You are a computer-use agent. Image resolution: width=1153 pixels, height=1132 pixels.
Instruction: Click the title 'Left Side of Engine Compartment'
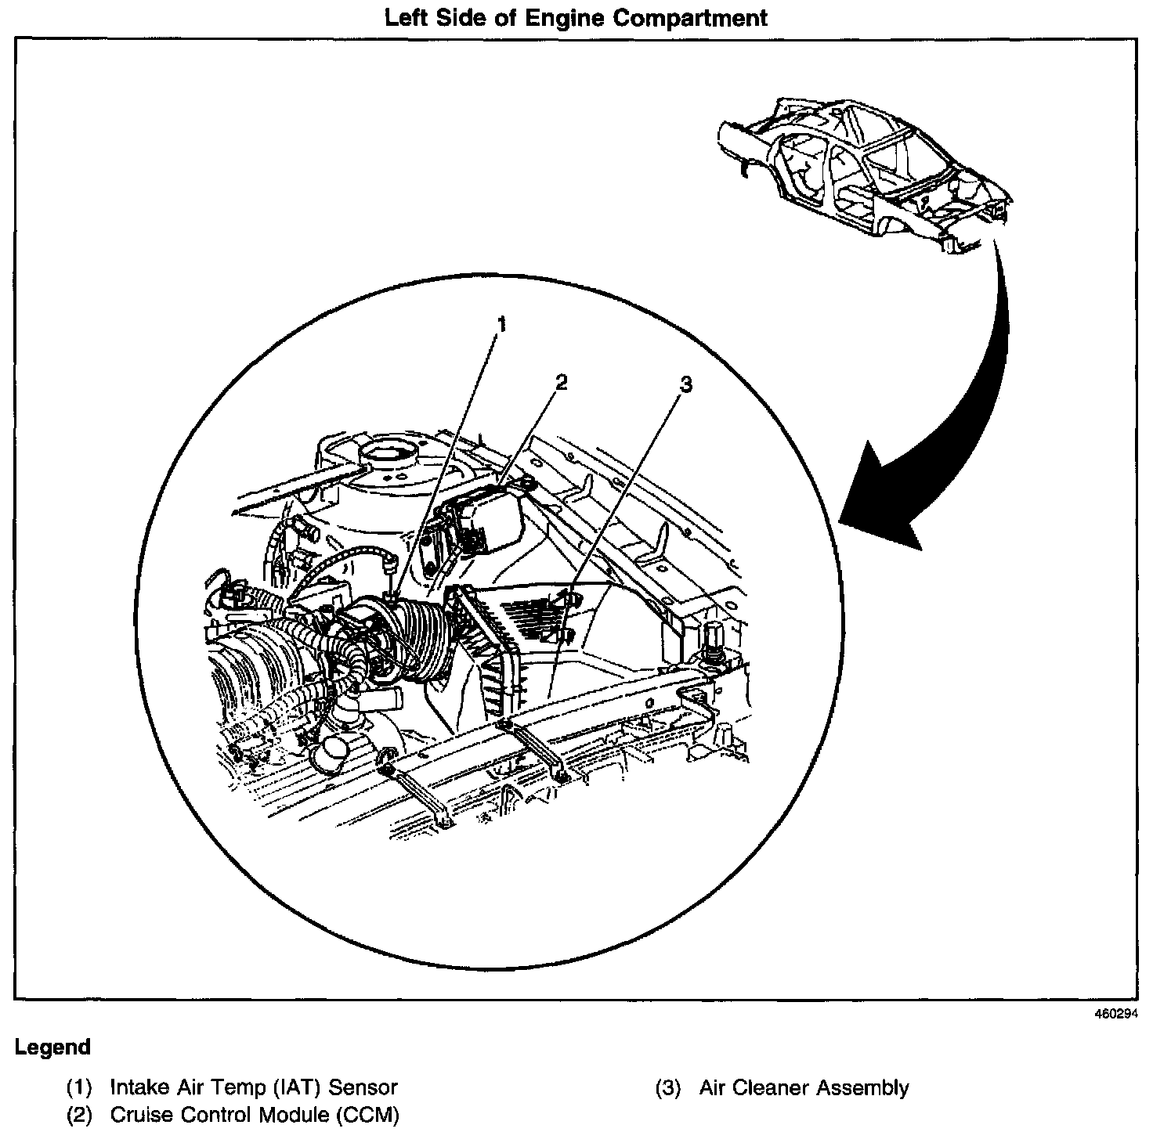pos(576,17)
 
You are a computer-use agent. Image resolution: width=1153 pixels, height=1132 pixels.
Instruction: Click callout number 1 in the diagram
pos(502,324)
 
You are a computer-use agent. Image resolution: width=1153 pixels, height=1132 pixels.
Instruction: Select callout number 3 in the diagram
pos(686,384)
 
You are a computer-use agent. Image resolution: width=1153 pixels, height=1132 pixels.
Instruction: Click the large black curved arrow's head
pos(877,501)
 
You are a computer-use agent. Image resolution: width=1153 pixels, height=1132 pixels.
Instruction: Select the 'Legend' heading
pos(52,1047)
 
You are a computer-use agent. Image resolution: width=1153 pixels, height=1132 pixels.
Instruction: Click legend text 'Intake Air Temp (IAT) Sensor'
pos(254,1087)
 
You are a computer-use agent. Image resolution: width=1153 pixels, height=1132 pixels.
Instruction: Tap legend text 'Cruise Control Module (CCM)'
pos(255,1114)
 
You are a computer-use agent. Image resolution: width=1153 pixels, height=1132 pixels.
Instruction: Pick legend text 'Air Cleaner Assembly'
pos(804,1087)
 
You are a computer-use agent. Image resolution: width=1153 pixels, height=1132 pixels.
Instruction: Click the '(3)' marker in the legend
pos(668,1087)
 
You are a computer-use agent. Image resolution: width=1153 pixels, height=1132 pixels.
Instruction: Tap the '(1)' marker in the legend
pos(79,1087)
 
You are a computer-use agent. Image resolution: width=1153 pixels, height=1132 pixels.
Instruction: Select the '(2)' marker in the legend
pos(79,1114)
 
